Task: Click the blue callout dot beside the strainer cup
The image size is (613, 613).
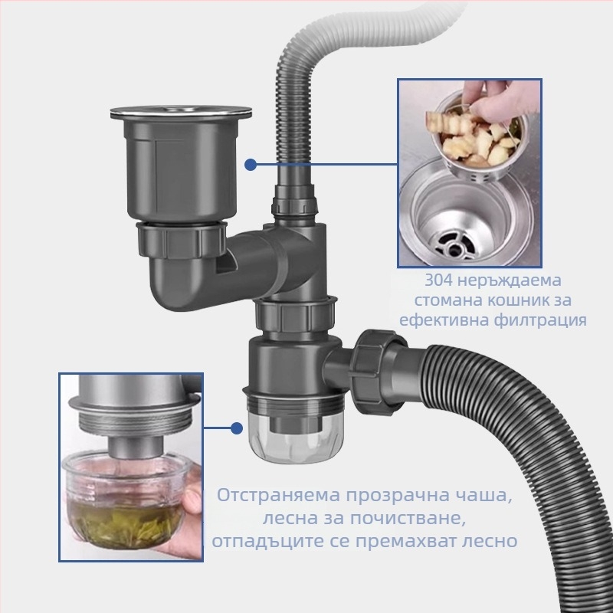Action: [x=251, y=163]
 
